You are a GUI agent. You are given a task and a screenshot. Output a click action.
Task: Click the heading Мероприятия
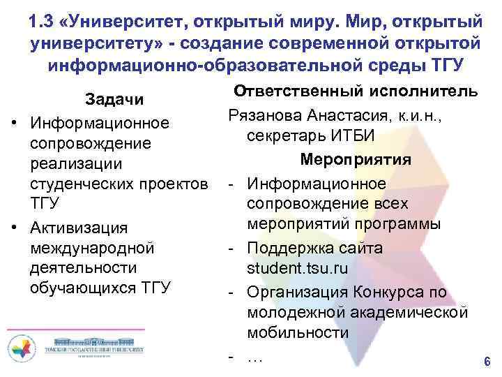click(356, 159)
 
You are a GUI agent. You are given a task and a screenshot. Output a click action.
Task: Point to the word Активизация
click(78, 228)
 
